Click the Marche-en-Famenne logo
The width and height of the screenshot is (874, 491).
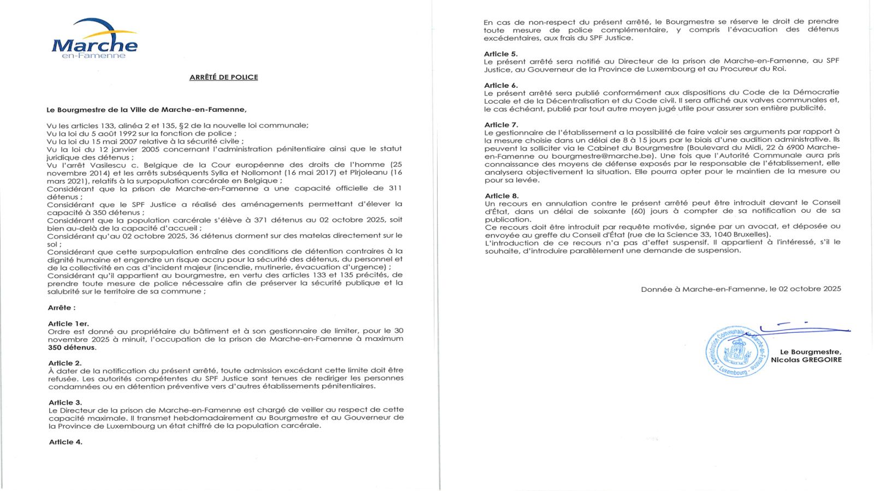(95, 39)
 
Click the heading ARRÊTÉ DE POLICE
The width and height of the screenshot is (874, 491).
(223, 77)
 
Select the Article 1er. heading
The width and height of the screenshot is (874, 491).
(68, 324)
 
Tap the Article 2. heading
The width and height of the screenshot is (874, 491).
(65, 363)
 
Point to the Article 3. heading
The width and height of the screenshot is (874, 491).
(65, 402)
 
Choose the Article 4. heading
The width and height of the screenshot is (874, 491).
(66, 442)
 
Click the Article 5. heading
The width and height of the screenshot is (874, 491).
(500, 53)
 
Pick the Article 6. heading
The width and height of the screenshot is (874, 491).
(500, 85)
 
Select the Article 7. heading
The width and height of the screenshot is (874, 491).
(501, 124)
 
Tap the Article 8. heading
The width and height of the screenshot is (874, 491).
(501, 195)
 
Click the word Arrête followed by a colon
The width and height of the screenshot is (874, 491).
(62, 308)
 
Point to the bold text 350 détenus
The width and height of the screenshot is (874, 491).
(72, 348)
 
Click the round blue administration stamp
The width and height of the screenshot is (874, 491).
(736, 352)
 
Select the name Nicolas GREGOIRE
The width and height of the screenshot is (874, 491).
(806, 360)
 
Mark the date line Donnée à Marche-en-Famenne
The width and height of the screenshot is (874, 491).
(741, 289)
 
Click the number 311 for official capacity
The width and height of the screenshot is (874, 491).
(394, 188)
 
